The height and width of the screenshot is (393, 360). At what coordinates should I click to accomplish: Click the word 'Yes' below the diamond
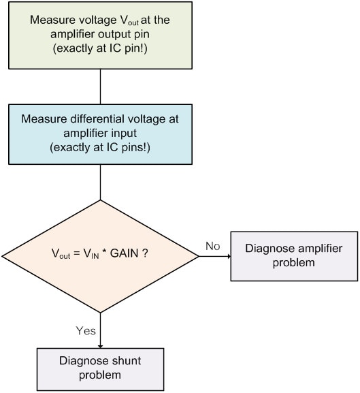coord(86,331)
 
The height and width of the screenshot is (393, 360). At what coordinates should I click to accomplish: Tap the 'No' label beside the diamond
coord(213,246)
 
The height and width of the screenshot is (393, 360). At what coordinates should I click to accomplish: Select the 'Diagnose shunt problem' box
coord(101,369)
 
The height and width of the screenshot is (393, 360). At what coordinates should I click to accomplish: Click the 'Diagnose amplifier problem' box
coord(294,256)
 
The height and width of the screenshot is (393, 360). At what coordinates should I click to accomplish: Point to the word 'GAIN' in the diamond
coord(125,253)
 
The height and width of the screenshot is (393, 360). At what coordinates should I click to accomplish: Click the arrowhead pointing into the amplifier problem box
coord(229,256)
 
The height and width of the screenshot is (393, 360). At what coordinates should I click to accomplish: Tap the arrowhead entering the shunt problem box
coord(101,346)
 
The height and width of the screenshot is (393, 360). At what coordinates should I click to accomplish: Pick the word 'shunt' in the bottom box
coord(127,361)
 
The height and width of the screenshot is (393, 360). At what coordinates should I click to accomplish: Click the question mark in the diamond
coord(145,253)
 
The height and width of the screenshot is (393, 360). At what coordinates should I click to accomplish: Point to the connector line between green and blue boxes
coord(101,87)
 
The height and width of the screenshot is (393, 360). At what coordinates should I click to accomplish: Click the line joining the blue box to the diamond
coord(101,183)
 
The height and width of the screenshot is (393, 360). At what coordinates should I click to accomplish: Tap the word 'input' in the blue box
coord(125,133)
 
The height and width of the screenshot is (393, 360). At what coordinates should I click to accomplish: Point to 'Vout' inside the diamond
coord(61,253)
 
